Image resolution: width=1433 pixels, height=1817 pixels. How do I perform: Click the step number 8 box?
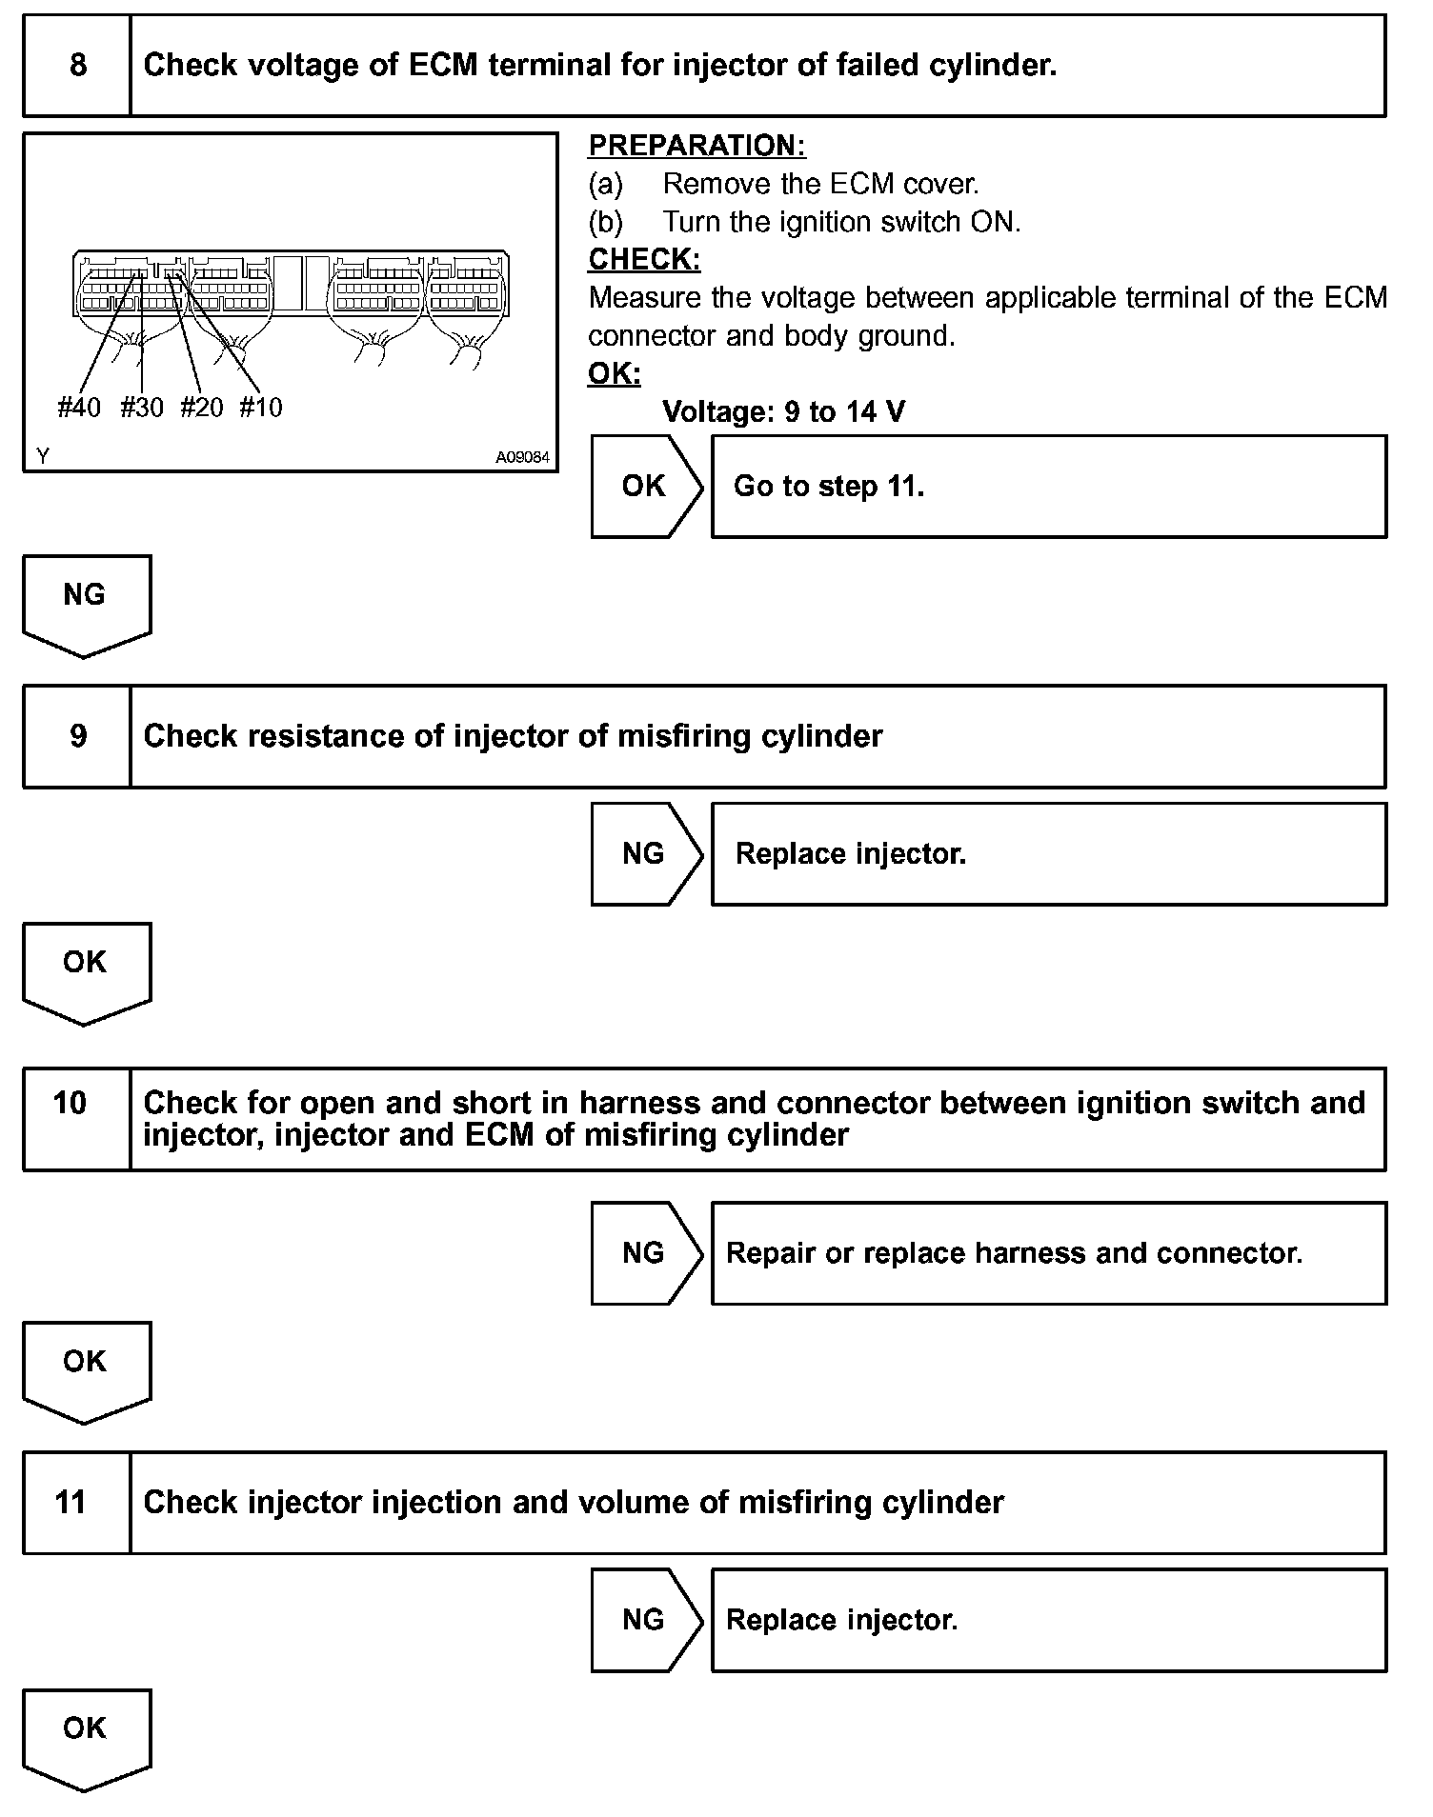77,66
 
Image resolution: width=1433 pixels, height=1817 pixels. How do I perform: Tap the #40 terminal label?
79,408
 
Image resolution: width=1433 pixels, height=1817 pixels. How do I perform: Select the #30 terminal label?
142,408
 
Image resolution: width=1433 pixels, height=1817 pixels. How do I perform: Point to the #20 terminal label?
202,408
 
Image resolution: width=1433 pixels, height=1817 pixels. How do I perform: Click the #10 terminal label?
261,408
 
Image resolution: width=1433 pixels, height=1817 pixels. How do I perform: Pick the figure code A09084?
522,457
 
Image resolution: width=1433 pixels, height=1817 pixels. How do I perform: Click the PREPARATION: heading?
696,146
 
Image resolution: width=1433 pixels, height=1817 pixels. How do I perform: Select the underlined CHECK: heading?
644,259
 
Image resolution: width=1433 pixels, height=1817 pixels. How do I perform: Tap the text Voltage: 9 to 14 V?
783,411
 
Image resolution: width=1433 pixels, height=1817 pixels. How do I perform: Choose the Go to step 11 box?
1048,487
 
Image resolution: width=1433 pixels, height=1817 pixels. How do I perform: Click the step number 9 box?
77,736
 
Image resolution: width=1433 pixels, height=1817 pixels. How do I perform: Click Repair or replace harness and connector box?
1048,1252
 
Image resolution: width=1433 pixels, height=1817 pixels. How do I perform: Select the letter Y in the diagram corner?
43,457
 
